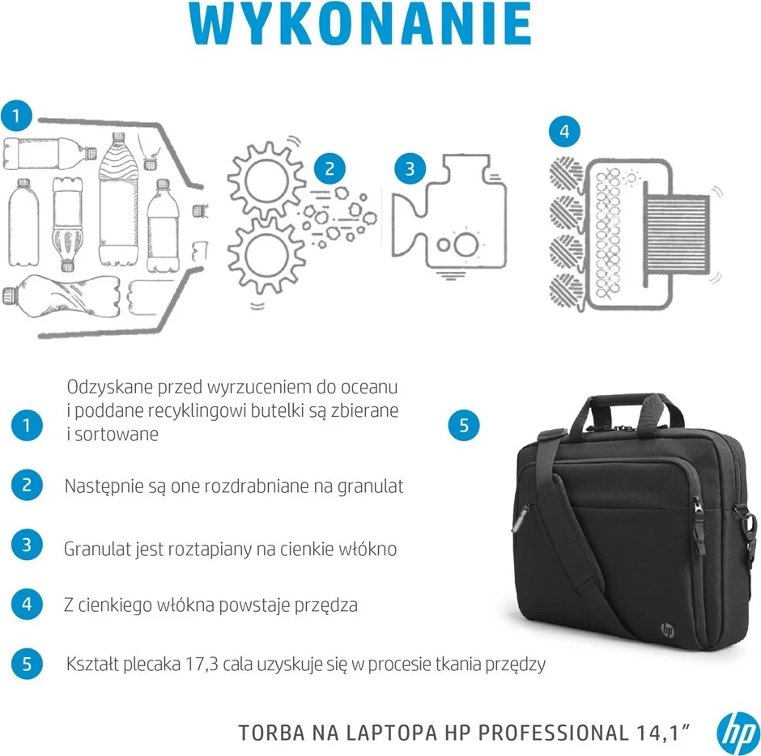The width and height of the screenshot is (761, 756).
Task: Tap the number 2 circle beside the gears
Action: (x=329, y=169)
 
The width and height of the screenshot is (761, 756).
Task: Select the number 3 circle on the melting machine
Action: (x=410, y=168)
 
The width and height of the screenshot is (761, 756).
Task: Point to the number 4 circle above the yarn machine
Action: (x=564, y=131)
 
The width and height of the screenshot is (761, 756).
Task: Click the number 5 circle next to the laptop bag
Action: (x=464, y=426)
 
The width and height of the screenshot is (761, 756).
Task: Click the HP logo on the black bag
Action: (x=667, y=629)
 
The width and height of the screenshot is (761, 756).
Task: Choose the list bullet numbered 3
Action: (x=28, y=546)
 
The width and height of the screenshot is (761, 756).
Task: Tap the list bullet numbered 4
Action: (x=28, y=603)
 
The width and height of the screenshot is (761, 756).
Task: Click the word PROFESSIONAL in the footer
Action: (x=551, y=733)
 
